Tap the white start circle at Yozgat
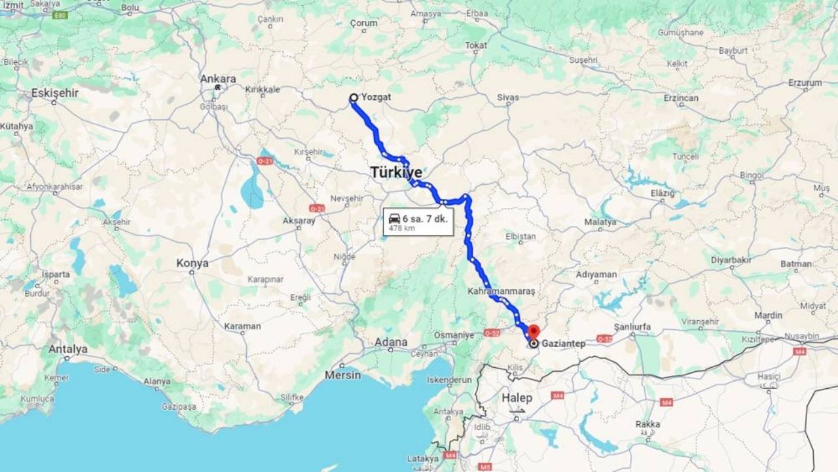pyautogui.click(x=354, y=98)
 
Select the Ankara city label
pyautogui.click(x=219, y=79)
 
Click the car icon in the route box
pyautogui.click(x=394, y=219)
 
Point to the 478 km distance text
pyautogui.click(x=401, y=228)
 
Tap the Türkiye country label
pyautogui.click(x=396, y=173)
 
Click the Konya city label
pyautogui.click(x=192, y=263)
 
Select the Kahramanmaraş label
pyautogui.click(x=501, y=290)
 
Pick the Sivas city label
pyautogui.click(x=507, y=98)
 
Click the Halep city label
pyautogui.click(x=517, y=397)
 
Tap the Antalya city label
pyautogui.click(x=67, y=349)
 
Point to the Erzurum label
pyautogui.click(x=805, y=83)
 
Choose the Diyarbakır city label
pyautogui.click(x=731, y=260)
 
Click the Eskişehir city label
pyautogui.click(x=55, y=93)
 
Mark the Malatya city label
pyautogui.click(x=600, y=222)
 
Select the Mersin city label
pyautogui.click(x=343, y=375)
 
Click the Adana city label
pyautogui.click(x=391, y=342)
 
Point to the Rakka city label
pyautogui.click(x=647, y=424)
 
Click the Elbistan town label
pyautogui.click(x=521, y=236)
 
